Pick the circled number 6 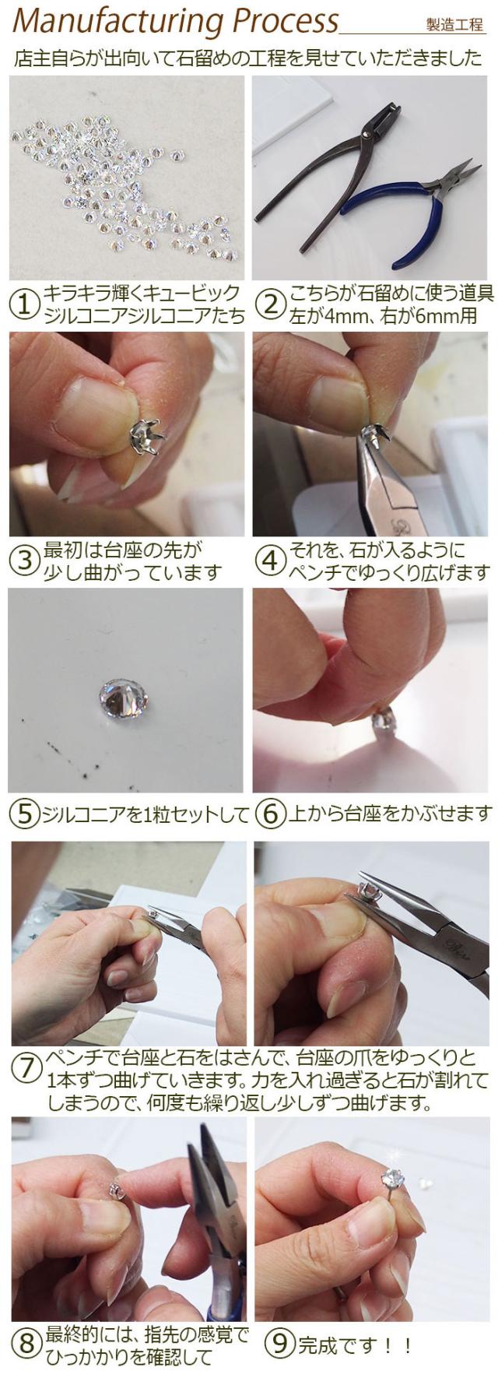pos(270,814)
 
